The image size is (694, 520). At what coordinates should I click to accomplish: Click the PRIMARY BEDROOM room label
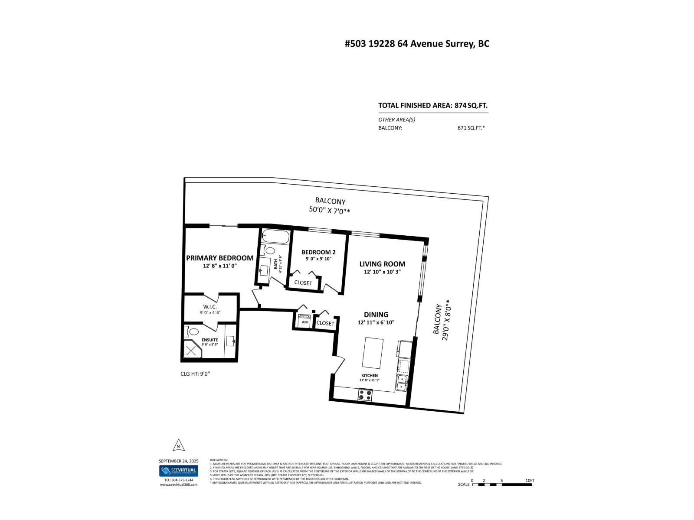click(219, 258)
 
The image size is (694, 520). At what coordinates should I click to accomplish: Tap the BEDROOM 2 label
click(318, 252)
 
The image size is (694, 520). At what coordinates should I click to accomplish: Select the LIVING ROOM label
click(382, 264)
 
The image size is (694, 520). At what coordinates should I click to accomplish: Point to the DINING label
click(376, 315)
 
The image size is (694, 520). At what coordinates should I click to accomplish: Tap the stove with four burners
click(365, 395)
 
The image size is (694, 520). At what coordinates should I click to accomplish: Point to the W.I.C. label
click(210, 307)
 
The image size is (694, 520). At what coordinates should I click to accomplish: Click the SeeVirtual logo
click(178, 471)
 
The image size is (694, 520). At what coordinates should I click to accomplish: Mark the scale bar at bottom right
click(502, 484)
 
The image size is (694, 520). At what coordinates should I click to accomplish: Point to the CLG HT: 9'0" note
click(195, 374)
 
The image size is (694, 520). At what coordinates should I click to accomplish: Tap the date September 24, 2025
click(178, 461)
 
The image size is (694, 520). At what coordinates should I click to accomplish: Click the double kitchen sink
click(402, 383)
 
